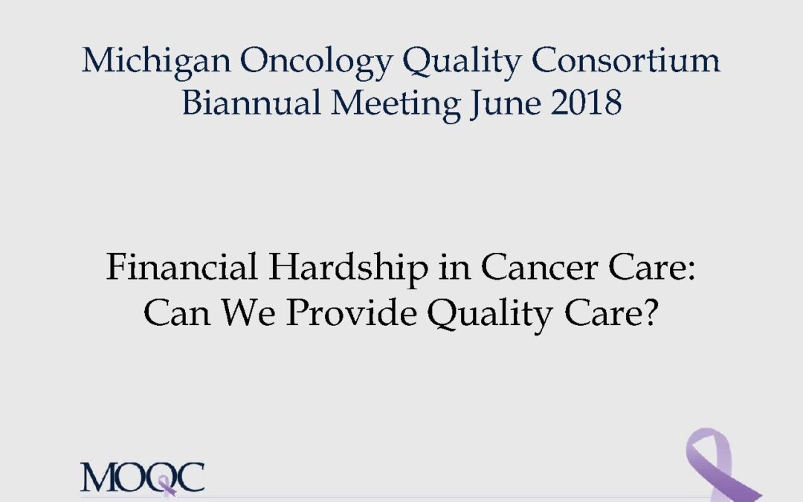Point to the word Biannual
tap(251, 103)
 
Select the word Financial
tap(181, 267)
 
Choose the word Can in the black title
tap(177, 312)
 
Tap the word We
tap(248, 312)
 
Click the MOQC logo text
tap(142, 477)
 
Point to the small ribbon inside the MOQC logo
tap(167, 486)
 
